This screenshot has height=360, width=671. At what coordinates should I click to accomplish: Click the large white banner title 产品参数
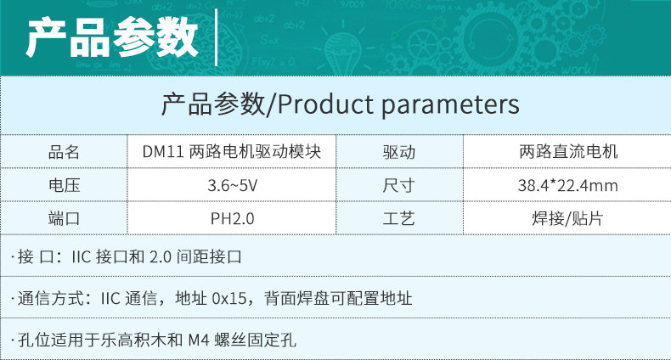[x=112, y=38]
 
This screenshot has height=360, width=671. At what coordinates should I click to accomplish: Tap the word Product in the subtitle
[x=325, y=104]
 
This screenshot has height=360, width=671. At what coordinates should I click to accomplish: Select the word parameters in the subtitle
[x=450, y=105]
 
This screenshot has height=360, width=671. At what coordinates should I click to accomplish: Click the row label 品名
[x=64, y=152]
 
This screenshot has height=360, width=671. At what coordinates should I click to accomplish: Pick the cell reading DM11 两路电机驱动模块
[x=232, y=151]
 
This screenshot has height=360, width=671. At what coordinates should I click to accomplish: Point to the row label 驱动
[x=399, y=152]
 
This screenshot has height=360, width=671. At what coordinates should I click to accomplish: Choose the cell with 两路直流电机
[x=568, y=151]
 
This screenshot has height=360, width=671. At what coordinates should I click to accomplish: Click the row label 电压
[x=65, y=185]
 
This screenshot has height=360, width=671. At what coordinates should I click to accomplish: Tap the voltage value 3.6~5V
[x=233, y=186]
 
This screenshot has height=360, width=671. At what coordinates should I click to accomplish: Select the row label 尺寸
[x=399, y=185]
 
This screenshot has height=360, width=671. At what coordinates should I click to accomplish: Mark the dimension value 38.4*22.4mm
[x=568, y=186]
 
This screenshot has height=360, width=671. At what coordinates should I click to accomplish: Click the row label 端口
[x=64, y=218]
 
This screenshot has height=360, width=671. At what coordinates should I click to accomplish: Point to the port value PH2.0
[x=233, y=219]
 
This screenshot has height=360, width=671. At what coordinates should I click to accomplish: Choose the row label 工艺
[x=399, y=218]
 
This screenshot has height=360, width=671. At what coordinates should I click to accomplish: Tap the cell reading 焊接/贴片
[x=567, y=218]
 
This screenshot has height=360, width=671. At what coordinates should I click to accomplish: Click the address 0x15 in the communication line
[x=229, y=298]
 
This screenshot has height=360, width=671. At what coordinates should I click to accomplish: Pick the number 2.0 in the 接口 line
[x=161, y=256]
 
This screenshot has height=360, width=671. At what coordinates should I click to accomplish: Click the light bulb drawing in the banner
[x=342, y=51]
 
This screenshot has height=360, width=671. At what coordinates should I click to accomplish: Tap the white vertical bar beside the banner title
[x=216, y=37]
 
